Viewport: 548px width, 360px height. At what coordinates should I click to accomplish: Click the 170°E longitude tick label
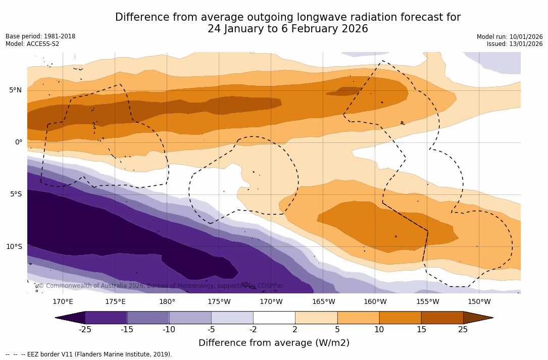(x=63, y=302)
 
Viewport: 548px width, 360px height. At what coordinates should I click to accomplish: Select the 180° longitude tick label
(x=167, y=302)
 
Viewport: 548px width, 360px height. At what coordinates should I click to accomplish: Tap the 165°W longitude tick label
(x=323, y=302)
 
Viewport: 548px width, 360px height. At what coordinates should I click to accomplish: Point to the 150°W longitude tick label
(x=479, y=302)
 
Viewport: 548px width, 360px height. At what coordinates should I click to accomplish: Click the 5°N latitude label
(x=15, y=90)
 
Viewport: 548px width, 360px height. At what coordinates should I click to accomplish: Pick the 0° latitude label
(x=19, y=142)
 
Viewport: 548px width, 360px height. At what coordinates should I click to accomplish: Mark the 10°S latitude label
(x=14, y=247)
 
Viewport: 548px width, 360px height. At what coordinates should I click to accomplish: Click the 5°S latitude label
(x=15, y=194)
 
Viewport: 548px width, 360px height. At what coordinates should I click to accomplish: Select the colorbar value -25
(x=85, y=330)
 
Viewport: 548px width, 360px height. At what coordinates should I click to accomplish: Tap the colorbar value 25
(x=463, y=330)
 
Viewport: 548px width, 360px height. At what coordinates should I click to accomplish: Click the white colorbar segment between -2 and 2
(x=274, y=318)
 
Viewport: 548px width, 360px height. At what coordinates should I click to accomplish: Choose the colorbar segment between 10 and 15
(x=400, y=318)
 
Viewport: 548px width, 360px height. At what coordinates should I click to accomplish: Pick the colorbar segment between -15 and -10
(x=148, y=318)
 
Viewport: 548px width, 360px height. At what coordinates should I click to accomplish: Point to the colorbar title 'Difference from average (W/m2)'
(x=274, y=343)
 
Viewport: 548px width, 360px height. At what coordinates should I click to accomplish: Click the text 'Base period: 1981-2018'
(x=40, y=36)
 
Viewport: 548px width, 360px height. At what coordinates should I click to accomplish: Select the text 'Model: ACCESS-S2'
(x=32, y=44)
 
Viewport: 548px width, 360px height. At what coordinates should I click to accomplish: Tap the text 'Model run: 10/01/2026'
(x=510, y=37)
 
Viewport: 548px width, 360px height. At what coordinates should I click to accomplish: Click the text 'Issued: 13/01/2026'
(x=515, y=44)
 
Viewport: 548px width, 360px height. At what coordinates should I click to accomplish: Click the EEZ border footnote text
(x=89, y=354)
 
